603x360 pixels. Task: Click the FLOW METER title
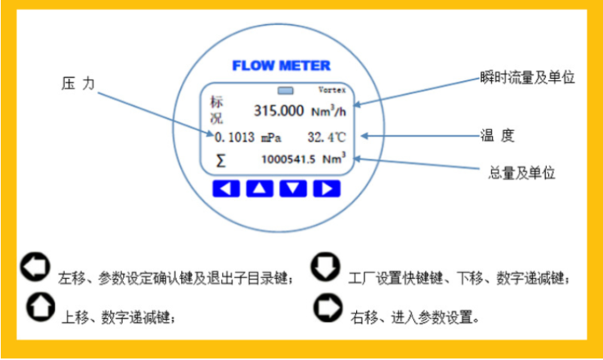[281, 65]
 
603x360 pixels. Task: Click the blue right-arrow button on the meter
[324, 189]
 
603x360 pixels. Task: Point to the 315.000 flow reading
[278, 111]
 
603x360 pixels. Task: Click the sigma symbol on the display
[221, 160]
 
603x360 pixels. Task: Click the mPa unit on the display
[273, 137]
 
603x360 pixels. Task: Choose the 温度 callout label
[496, 136]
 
